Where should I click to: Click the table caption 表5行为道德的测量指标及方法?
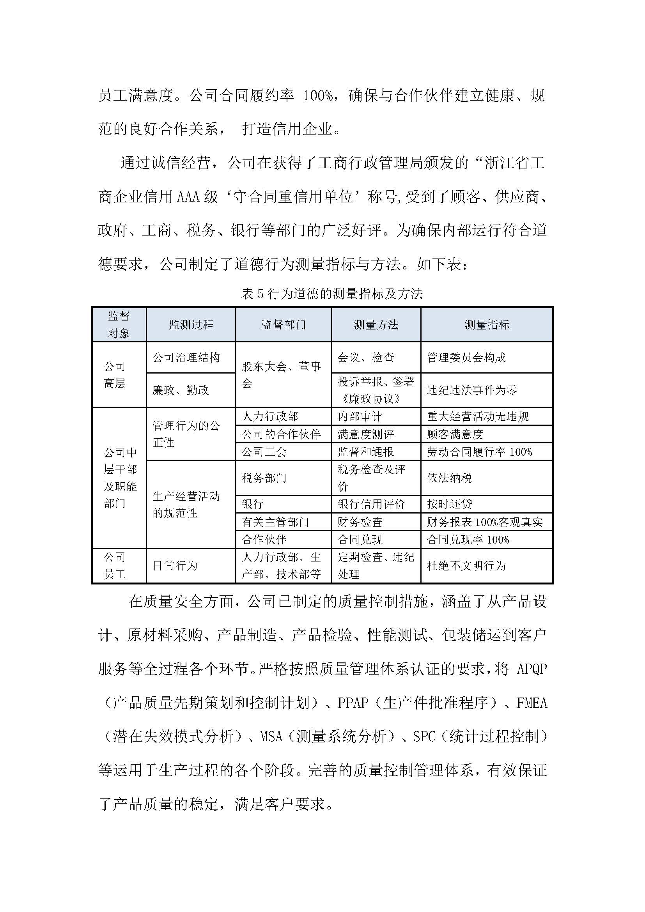click(331, 294)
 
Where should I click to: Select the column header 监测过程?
click(191, 324)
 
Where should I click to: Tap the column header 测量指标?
click(487, 324)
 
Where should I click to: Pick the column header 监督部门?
click(284, 324)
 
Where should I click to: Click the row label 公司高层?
click(115, 375)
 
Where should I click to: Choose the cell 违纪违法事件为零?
click(472, 390)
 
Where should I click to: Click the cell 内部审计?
click(360, 416)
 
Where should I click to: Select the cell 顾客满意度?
click(455, 434)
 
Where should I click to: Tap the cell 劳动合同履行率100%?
click(479, 452)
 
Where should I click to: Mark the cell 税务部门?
click(264, 478)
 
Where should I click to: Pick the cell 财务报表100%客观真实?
click(485, 522)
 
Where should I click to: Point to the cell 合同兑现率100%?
click(468, 539)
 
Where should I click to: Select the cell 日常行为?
click(175, 566)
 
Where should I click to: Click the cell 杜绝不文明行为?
click(466, 566)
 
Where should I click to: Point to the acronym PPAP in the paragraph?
click(353, 703)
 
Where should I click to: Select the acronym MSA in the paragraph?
click(271, 737)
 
